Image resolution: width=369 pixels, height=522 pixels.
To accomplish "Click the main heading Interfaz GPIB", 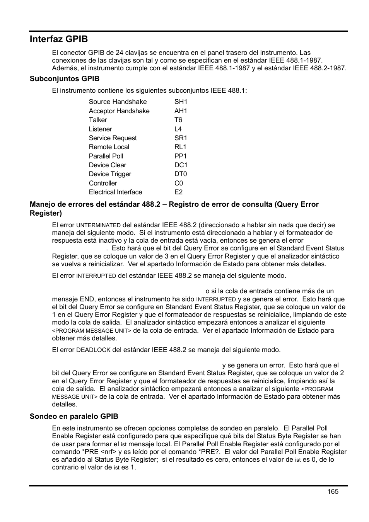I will click(59, 39).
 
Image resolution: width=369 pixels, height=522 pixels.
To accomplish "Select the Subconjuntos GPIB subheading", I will click(65, 79).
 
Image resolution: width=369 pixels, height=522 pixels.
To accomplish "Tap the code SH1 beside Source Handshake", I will click(181, 102).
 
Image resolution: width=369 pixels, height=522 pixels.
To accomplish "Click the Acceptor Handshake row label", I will click(119, 111).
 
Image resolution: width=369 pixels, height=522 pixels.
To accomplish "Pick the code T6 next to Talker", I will click(178, 120).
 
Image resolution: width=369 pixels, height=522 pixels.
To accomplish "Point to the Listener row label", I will click(100, 129).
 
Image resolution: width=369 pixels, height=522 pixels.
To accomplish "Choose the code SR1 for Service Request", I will click(181, 138).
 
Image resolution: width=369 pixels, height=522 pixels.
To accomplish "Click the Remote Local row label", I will click(109, 147).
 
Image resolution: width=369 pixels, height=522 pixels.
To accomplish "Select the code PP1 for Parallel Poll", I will click(180, 156).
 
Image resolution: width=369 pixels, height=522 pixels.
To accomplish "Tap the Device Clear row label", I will click(107, 165).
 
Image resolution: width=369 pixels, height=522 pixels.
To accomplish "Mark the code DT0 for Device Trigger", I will click(180, 174).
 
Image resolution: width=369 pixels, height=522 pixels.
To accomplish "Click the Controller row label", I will click(102, 184).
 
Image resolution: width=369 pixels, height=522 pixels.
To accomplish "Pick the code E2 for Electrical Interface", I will click(178, 192).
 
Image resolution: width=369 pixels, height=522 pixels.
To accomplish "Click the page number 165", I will click(333, 491).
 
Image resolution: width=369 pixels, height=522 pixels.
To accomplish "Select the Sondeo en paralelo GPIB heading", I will click(74, 417).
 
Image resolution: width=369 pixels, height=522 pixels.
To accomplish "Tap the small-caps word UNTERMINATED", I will click(98, 225).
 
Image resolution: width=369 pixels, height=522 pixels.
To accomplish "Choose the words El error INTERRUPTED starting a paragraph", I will click(84, 276).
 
